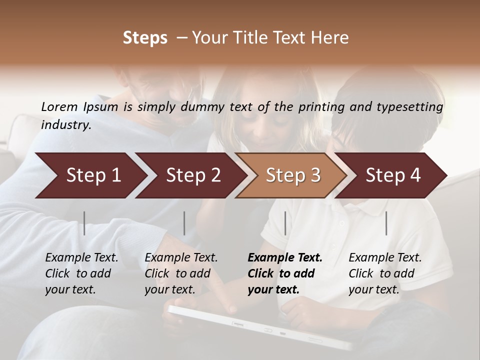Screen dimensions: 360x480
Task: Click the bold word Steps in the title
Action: tap(145, 38)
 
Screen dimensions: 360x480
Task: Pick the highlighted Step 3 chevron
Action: tap(292, 175)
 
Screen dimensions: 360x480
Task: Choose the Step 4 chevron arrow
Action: tap(392, 175)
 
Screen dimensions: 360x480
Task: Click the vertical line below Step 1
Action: tap(84, 223)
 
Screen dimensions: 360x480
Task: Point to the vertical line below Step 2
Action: tap(184, 223)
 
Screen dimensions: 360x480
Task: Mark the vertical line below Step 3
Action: tap(285, 223)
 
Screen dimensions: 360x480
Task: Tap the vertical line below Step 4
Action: tap(386, 223)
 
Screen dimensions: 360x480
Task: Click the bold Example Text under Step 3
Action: tap(285, 258)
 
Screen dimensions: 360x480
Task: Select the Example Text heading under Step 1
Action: tap(81, 258)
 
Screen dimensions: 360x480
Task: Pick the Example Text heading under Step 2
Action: tap(181, 258)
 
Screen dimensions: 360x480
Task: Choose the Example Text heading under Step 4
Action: tap(385, 258)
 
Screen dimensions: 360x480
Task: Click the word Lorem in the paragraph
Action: tap(59, 106)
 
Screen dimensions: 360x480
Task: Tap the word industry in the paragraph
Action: tap(65, 124)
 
